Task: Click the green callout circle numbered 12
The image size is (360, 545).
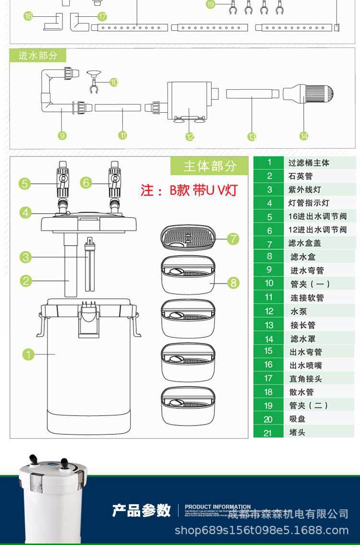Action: tap(190, 137)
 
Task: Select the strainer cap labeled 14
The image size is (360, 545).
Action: tap(308, 94)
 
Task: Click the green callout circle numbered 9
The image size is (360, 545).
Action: tap(62, 136)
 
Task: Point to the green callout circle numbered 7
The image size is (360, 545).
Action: tap(233, 238)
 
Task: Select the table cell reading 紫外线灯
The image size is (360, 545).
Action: tap(304, 190)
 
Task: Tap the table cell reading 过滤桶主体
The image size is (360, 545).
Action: tap(309, 163)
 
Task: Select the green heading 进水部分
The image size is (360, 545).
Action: tap(38, 56)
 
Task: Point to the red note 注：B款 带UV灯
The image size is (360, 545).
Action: tap(189, 190)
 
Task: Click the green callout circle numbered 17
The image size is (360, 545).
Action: tap(102, 17)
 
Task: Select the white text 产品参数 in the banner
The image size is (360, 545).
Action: tap(141, 510)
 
